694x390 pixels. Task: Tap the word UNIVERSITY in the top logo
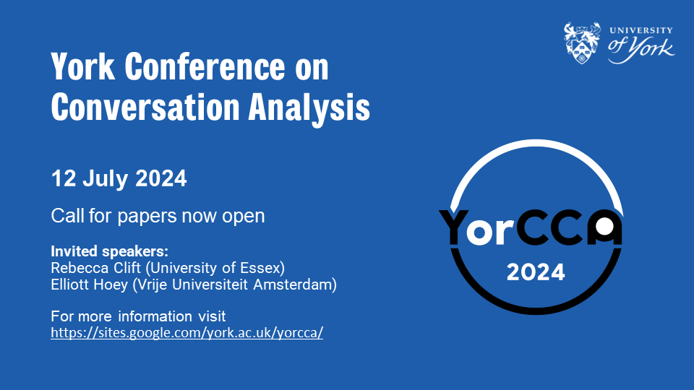(x=641, y=30)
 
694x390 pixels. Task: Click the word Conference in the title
(x=205, y=67)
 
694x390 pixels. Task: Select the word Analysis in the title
(x=309, y=107)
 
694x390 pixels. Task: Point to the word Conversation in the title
(x=145, y=107)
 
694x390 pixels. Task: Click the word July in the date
(x=106, y=179)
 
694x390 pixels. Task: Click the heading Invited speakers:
(x=109, y=251)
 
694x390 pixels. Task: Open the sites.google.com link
(x=187, y=332)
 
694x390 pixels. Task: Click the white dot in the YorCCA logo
(x=604, y=226)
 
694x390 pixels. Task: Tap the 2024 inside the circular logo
(x=536, y=272)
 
